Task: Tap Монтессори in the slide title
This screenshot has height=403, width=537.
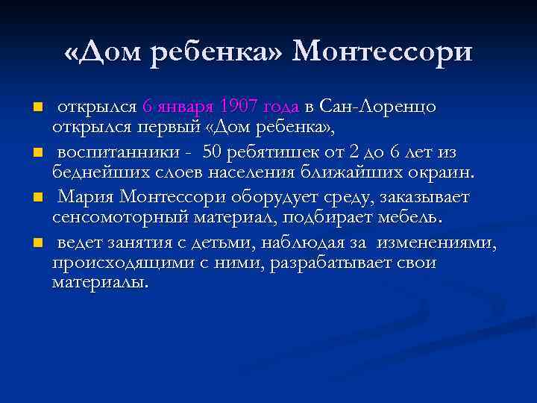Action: click(383, 51)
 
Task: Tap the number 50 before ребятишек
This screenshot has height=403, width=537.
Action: click(213, 152)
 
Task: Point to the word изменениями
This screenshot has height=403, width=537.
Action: click(436, 244)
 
